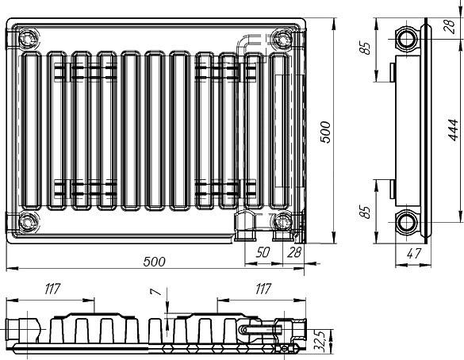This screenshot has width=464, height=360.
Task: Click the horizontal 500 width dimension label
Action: click(x=154, y=262)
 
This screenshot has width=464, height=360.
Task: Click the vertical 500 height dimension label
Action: click(x=325, y=132)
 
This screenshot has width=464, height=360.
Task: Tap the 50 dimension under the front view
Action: click(x=263, y=252)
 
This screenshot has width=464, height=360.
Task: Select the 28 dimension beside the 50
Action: click(x=293, y=252)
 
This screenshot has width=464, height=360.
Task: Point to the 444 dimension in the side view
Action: click(x=453, y=130)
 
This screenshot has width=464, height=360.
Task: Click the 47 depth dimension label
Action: click(x=413, y=254)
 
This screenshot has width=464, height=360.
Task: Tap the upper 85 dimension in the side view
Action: click(x=366, y=48)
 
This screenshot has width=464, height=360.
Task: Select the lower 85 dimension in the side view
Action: click(x=366, y=212)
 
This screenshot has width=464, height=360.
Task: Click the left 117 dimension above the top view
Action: click(x=52, y=289)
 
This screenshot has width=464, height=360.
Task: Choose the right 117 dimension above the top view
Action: click(x=263, y=289)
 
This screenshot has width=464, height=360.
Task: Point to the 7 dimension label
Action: click(x=156, y=292)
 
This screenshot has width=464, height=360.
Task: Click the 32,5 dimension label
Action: click(x=321, y=342)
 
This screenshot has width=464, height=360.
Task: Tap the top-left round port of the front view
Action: click(x=28, y=39)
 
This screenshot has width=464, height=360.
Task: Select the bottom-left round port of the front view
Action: click(x=28, y=222)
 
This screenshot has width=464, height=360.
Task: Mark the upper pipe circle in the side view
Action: click(x=407, y=39)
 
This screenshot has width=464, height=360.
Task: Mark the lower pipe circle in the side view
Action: click(x=407, y=222)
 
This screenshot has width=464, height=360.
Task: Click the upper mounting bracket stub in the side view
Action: click(x=393, y=72)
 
